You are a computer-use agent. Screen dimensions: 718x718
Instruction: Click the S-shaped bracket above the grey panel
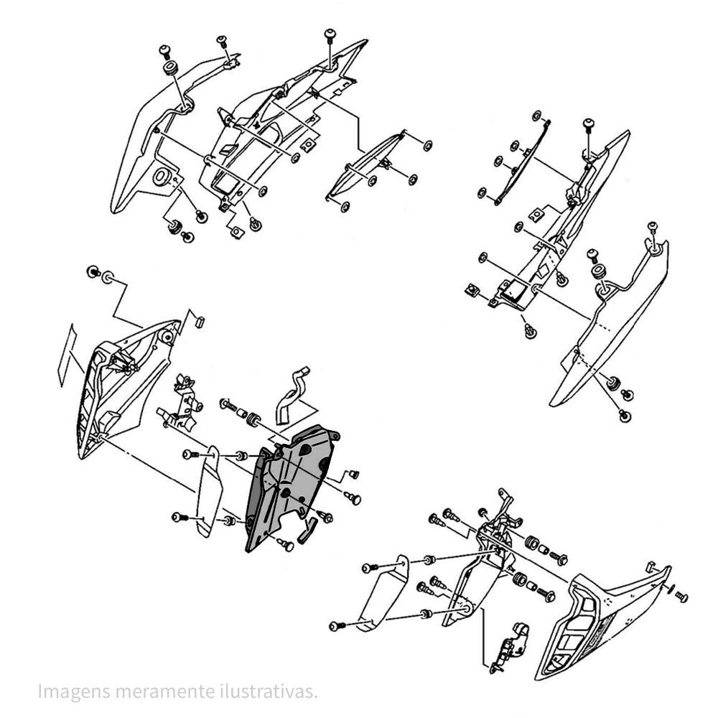pyautogui.click(x=290, y=394)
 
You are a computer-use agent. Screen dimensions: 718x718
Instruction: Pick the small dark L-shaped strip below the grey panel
pyautogui.click(x=307, y=532)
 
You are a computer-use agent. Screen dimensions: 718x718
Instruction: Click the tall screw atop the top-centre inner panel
pyautogui.click(x=330, y=36)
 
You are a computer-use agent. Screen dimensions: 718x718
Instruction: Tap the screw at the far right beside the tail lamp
pyautogui.click(x=681, y=596)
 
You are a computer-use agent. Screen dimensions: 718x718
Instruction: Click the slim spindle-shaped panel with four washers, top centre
pyautogui.click(x=366, y=165)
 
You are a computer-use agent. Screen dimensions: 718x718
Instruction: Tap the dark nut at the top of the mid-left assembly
pyautogui.click(x=92, y=271)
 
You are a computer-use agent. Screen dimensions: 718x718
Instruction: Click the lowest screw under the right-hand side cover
pyautogui.click(x=625, y=415)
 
